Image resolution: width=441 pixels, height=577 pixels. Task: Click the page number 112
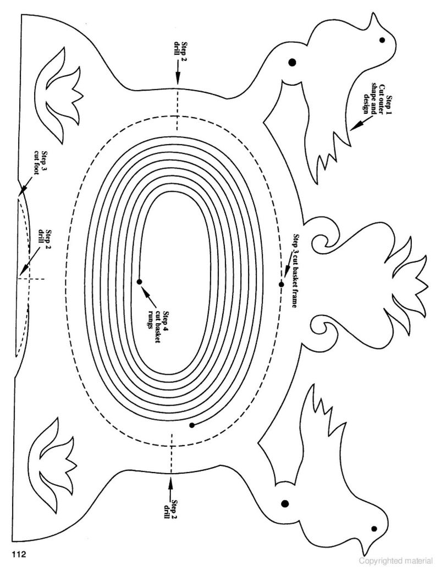click(19, 554)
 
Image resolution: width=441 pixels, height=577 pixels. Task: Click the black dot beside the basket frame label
click(282, 285)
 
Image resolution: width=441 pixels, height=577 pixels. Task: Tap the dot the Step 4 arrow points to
click(139, 282)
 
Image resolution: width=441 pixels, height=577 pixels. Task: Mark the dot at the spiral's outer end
click(192, 425)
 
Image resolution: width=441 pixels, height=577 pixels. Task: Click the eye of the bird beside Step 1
click(382, 40)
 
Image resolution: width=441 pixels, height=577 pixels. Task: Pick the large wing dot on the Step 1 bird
click(293, 62)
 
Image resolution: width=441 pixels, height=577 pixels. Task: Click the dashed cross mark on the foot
click(30, 279)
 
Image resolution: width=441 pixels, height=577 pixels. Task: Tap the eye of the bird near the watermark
click(374, 529)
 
